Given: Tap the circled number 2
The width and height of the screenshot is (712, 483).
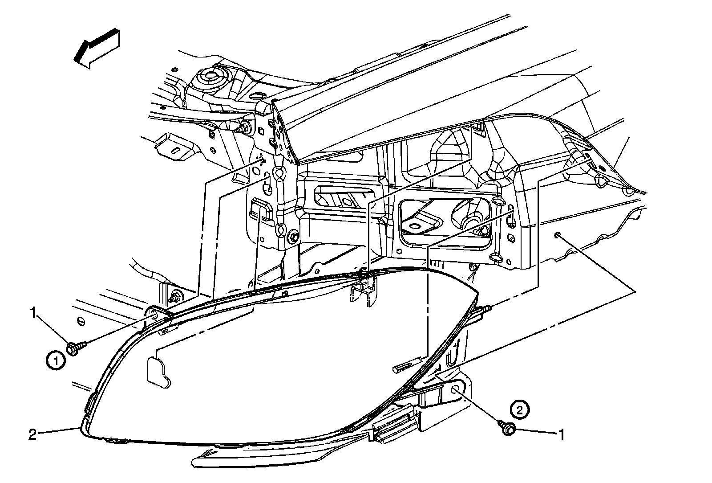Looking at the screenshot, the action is click(x=520, y=407).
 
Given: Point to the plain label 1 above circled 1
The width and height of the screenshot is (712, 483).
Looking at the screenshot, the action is click(x=33, y=313).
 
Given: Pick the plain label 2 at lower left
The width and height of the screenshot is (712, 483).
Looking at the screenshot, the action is click(x=32, y=434).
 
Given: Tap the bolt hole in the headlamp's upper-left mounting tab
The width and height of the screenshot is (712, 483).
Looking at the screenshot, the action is click(x=154, y=315).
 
